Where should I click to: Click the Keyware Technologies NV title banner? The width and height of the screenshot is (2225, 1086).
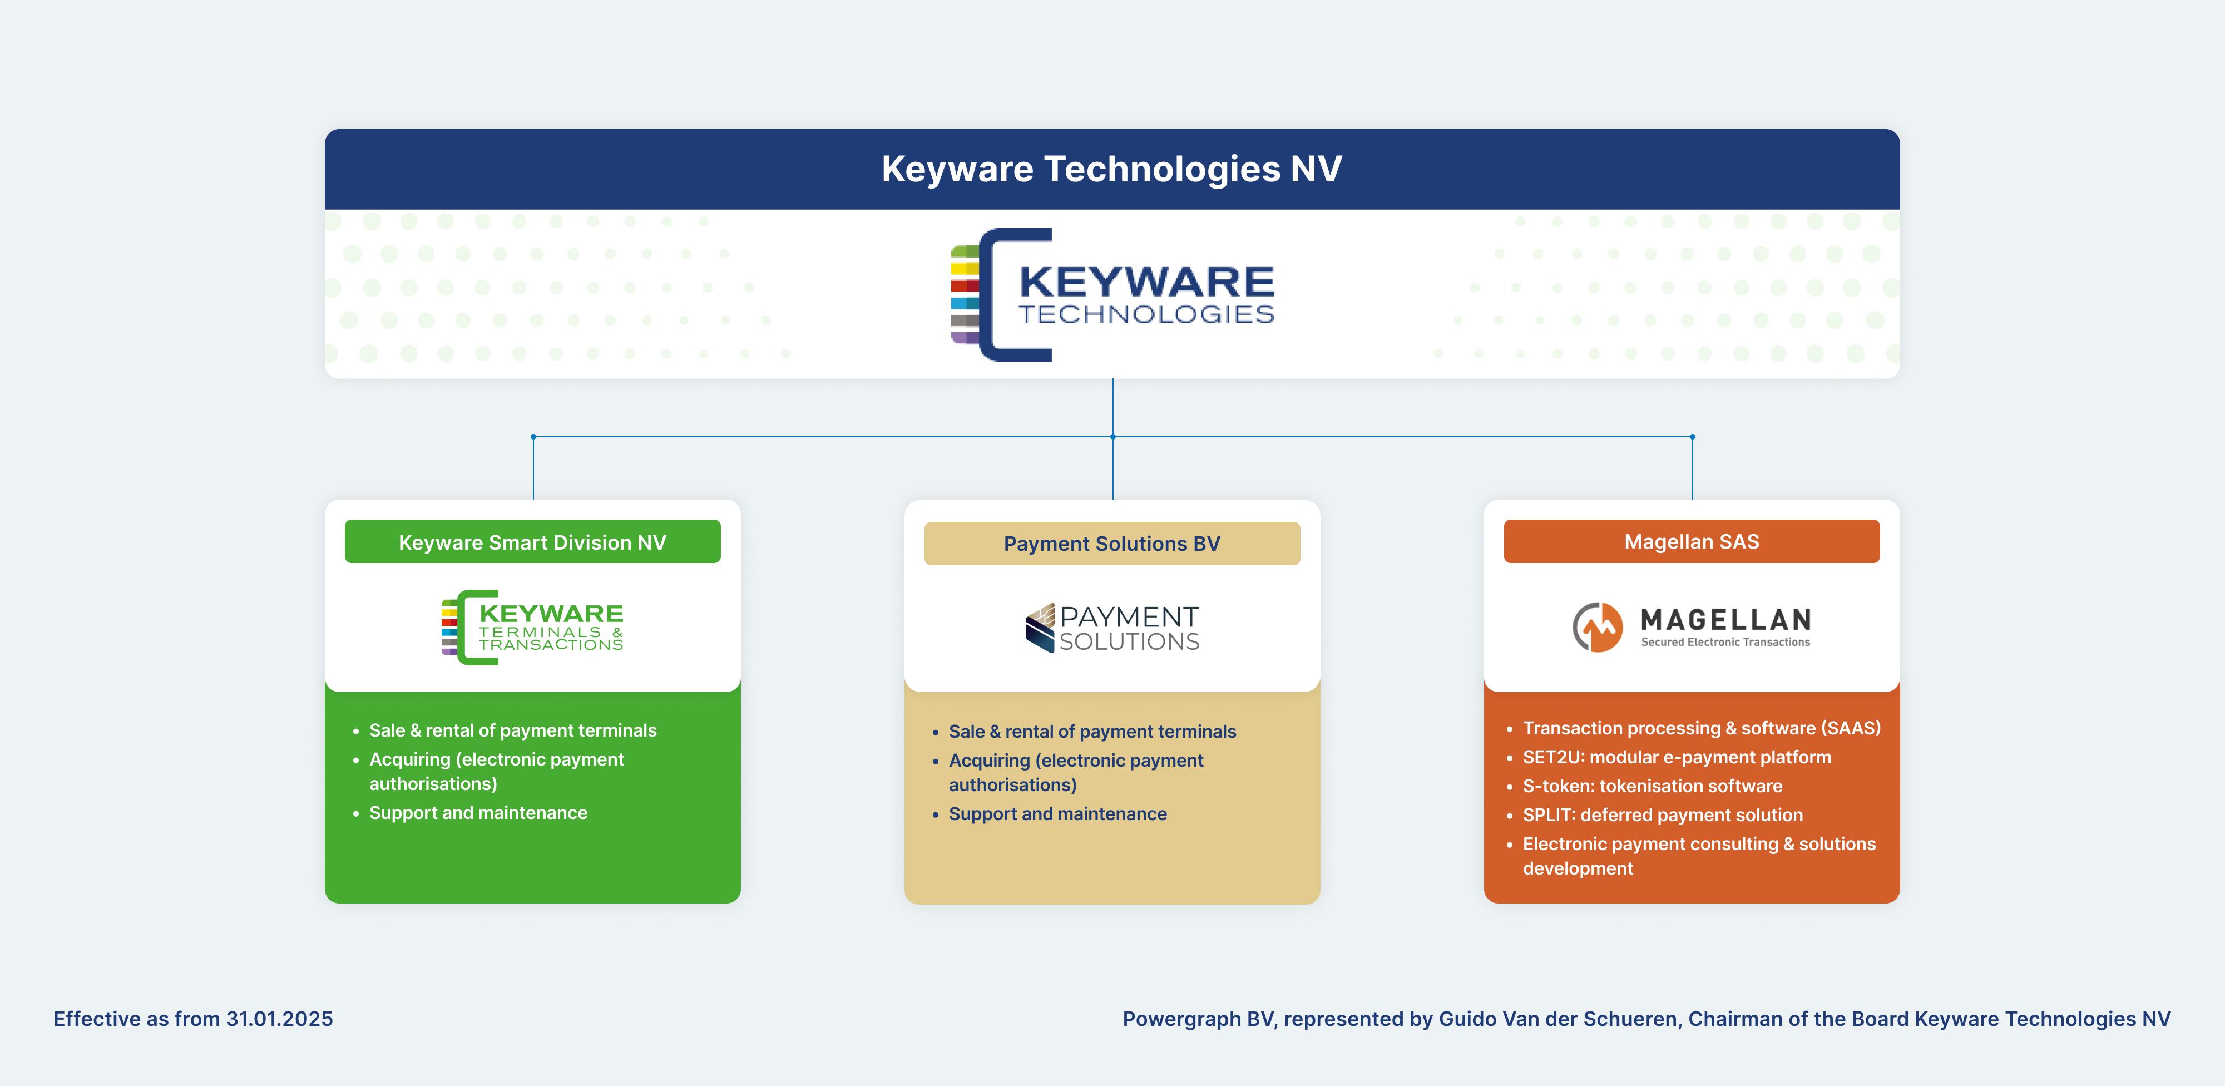(1111, 169)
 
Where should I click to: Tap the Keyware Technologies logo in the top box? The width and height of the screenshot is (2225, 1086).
(1112, 295)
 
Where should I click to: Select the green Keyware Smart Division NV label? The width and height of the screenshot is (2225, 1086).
(532, 542)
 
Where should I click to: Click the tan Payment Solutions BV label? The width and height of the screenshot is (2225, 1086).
(1111, 544)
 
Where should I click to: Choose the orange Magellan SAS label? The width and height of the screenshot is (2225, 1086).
(1691, 542)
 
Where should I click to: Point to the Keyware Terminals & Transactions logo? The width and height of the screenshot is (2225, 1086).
(532, 627)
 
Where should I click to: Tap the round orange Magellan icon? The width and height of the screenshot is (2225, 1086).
(1597, 627)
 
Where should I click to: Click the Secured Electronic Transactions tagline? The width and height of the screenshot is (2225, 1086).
(1725, 642)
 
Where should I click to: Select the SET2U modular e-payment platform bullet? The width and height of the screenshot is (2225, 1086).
(1677, 757)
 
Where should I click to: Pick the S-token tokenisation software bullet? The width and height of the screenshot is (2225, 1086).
(1652, 786)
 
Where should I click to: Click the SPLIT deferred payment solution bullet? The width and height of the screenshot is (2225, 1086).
(1662, 814)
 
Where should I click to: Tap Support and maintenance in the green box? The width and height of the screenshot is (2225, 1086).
(478, 813)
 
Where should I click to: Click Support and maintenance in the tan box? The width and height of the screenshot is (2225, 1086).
(1057, 814)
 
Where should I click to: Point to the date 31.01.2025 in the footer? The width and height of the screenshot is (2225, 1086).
(279, 1019)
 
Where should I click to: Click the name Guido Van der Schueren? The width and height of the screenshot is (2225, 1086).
(1557, 1019)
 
